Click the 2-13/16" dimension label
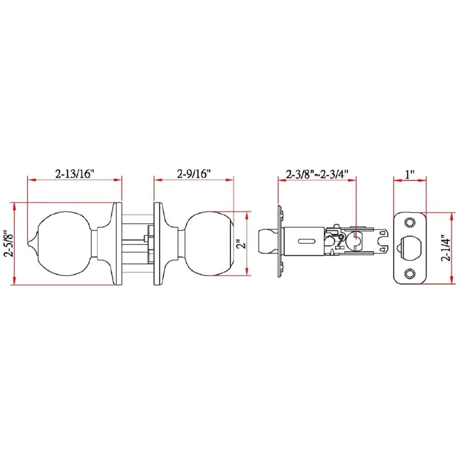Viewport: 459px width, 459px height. pyautogui.click(x=74, y=173)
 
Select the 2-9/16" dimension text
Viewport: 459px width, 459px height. pyautogui.click(x=194, y=173)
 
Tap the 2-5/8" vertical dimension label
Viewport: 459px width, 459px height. pyautogui.click(x=8, y=243)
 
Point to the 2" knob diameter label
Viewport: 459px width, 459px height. pyautogui.click(x=241, y=244)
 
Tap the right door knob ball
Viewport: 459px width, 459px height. pyautogui.click(x=210, y=243)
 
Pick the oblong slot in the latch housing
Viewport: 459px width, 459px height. pyautogui.click(x=307, y=241)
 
